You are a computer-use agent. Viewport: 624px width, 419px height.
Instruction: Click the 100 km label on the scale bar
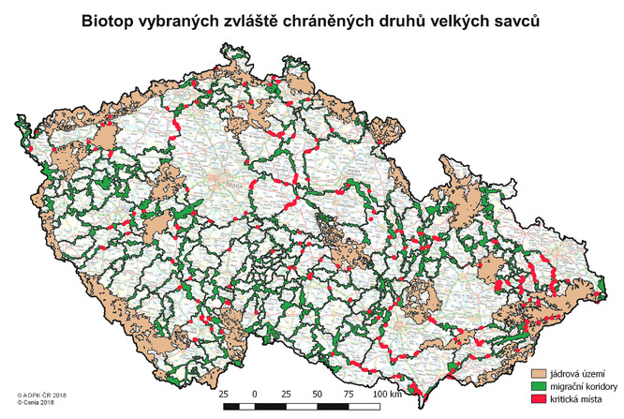coord(387,395)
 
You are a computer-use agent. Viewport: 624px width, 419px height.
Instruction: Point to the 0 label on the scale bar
coord(255,395)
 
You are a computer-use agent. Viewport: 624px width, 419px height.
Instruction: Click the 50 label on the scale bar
coord(318,395)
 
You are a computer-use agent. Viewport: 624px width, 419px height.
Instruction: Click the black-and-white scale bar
coord(302,409)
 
